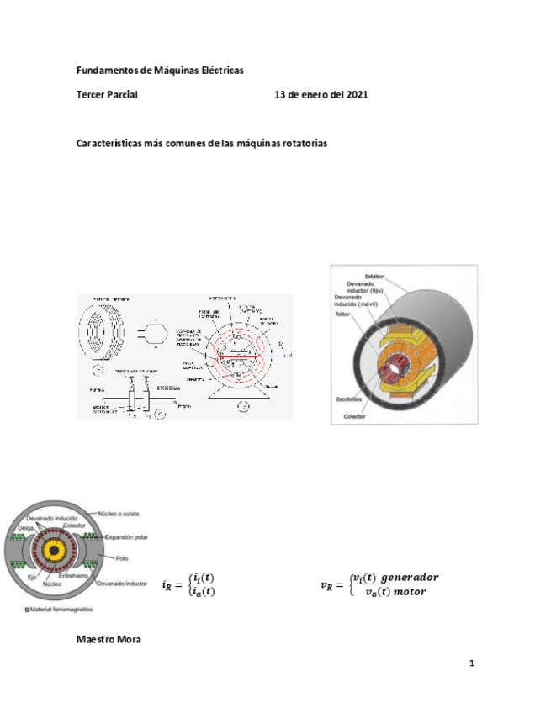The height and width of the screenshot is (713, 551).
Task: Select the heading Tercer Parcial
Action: (x=107, y=96)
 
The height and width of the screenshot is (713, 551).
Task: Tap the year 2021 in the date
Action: (x=356, y=96)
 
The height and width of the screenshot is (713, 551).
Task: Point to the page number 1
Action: (x=472, y=664)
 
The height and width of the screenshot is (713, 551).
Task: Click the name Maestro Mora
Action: (x=109, y=640)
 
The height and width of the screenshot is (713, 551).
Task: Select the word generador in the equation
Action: (x=410, y=578)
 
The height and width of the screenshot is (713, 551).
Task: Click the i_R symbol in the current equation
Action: (x=168, y=585)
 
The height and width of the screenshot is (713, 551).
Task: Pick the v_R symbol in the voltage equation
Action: (x=327, y=585)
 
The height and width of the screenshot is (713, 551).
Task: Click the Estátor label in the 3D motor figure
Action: (x=375, y=276)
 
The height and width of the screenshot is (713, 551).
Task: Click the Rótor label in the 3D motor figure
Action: (x=343, y=314)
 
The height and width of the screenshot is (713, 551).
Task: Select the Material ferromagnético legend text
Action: (x=61, y=608)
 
